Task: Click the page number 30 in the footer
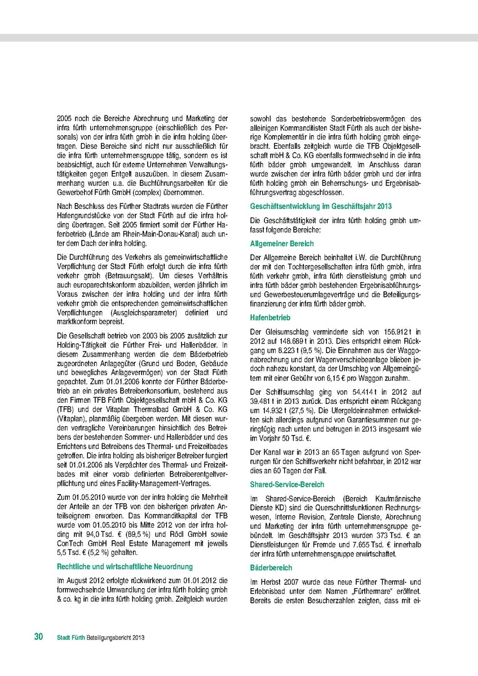tap(38, 637)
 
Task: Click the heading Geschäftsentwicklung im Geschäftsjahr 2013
tap(321, 206)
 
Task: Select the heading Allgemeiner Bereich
tap(282, 243)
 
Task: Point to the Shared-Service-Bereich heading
tap(287, 484)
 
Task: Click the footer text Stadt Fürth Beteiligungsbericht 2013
tap(101, 638)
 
